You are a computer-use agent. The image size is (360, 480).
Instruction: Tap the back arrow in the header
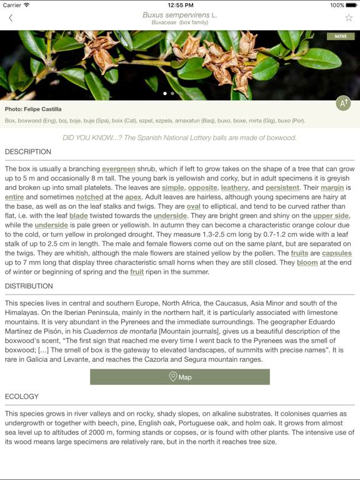[x=11, y=18]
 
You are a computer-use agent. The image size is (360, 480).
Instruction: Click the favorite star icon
[x=349, y=17]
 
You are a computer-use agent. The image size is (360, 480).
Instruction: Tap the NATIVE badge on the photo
[x=341, y=36]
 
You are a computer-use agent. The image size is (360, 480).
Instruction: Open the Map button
[x=180, y=377]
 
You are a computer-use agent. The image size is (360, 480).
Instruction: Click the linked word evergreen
[x=119, y=169]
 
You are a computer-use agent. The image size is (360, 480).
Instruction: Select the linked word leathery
[x=234, y=187]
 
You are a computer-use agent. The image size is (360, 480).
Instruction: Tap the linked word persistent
[x=282, y=187]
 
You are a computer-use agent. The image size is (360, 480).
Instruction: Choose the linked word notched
[x=89, y=197]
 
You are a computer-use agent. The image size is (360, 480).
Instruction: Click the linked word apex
[x=133, y=197]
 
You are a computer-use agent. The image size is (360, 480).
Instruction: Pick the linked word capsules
[x=337, y=253]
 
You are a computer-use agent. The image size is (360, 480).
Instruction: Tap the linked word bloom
[x=307, y=262]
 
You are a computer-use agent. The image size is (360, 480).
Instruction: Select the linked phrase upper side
[x=331, y=216]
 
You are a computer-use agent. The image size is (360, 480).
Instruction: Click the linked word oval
[x=193, y=206]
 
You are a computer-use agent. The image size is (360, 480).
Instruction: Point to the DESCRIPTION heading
[x=28, y=152]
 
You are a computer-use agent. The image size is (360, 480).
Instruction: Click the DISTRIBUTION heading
[x=29, y=286]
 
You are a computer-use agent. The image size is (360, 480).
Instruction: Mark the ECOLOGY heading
[x=22, y=396]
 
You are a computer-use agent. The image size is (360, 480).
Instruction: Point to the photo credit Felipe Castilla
[x=33, y=109]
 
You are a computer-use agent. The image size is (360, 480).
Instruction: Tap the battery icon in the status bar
[x=351, y=5]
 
